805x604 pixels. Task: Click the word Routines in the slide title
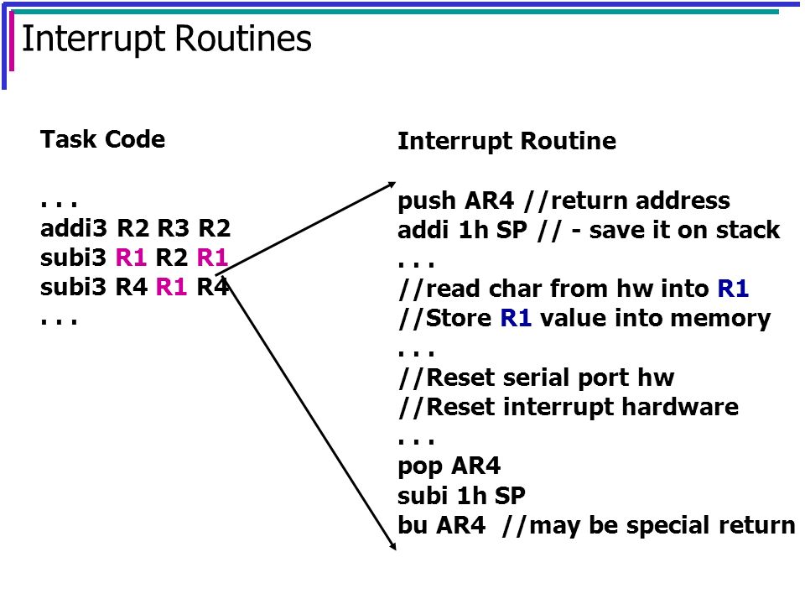click(243, 39)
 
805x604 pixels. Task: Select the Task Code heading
click(102, 139)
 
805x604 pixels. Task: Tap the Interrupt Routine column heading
click(506, 141)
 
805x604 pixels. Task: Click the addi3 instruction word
click(74, 228)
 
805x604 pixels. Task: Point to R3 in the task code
click(173, 228)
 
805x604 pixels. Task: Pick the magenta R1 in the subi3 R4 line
click(171, 287)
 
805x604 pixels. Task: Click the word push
click(427, 201)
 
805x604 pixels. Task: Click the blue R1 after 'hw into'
click(733, 288)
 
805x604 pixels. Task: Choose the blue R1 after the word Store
click(516, 318)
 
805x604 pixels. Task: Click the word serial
click(538, 377)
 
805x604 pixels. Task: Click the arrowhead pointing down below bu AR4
click(392, 545)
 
